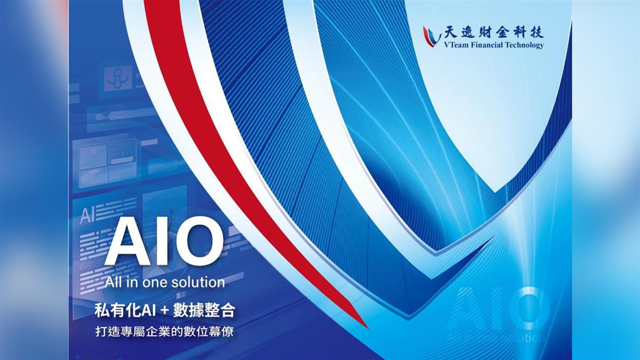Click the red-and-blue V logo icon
pyautogui.click(x=431, y=36)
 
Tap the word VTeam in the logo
pyautogui.click(x=455, y=45)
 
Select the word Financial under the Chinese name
pyautogui.click(x=487, y=45)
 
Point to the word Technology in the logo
pyautogui.click(x=525, y=45)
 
